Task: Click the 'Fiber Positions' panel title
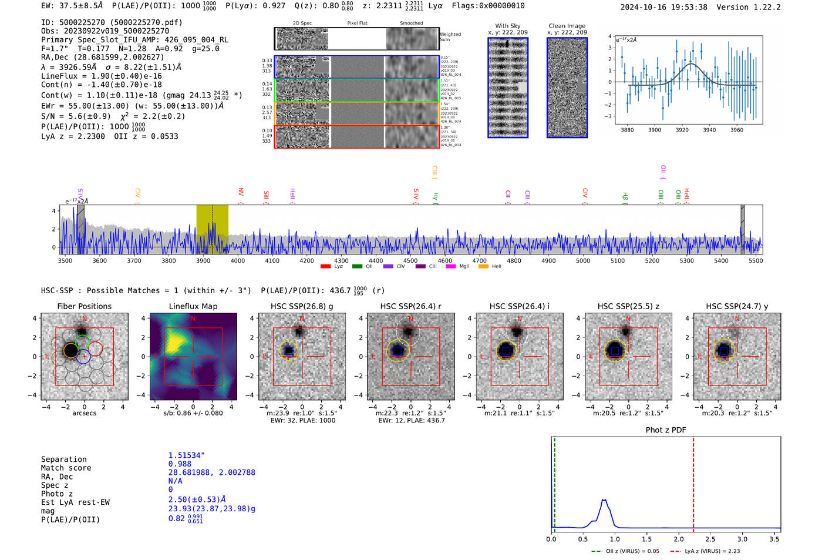pos(84,306)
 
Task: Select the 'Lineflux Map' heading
pos(193,306)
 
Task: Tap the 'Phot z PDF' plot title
pos(666,430)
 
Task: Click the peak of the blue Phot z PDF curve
pos(604,500)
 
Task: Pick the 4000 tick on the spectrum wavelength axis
pos(238,260)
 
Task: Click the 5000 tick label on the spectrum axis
pos(583,260)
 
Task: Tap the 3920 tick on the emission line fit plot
pos(682,130)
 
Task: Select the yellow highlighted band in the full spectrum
pos(212,229)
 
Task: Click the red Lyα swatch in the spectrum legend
pos(325,267)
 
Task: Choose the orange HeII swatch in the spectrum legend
pos(483,267)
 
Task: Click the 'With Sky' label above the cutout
pos(507,26)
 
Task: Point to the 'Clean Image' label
pos(567,26)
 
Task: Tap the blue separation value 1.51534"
pos(186,455)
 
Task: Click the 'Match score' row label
pos(66,468)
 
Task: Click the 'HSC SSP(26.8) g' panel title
pos(302,306)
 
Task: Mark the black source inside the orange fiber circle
pos(70,351)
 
